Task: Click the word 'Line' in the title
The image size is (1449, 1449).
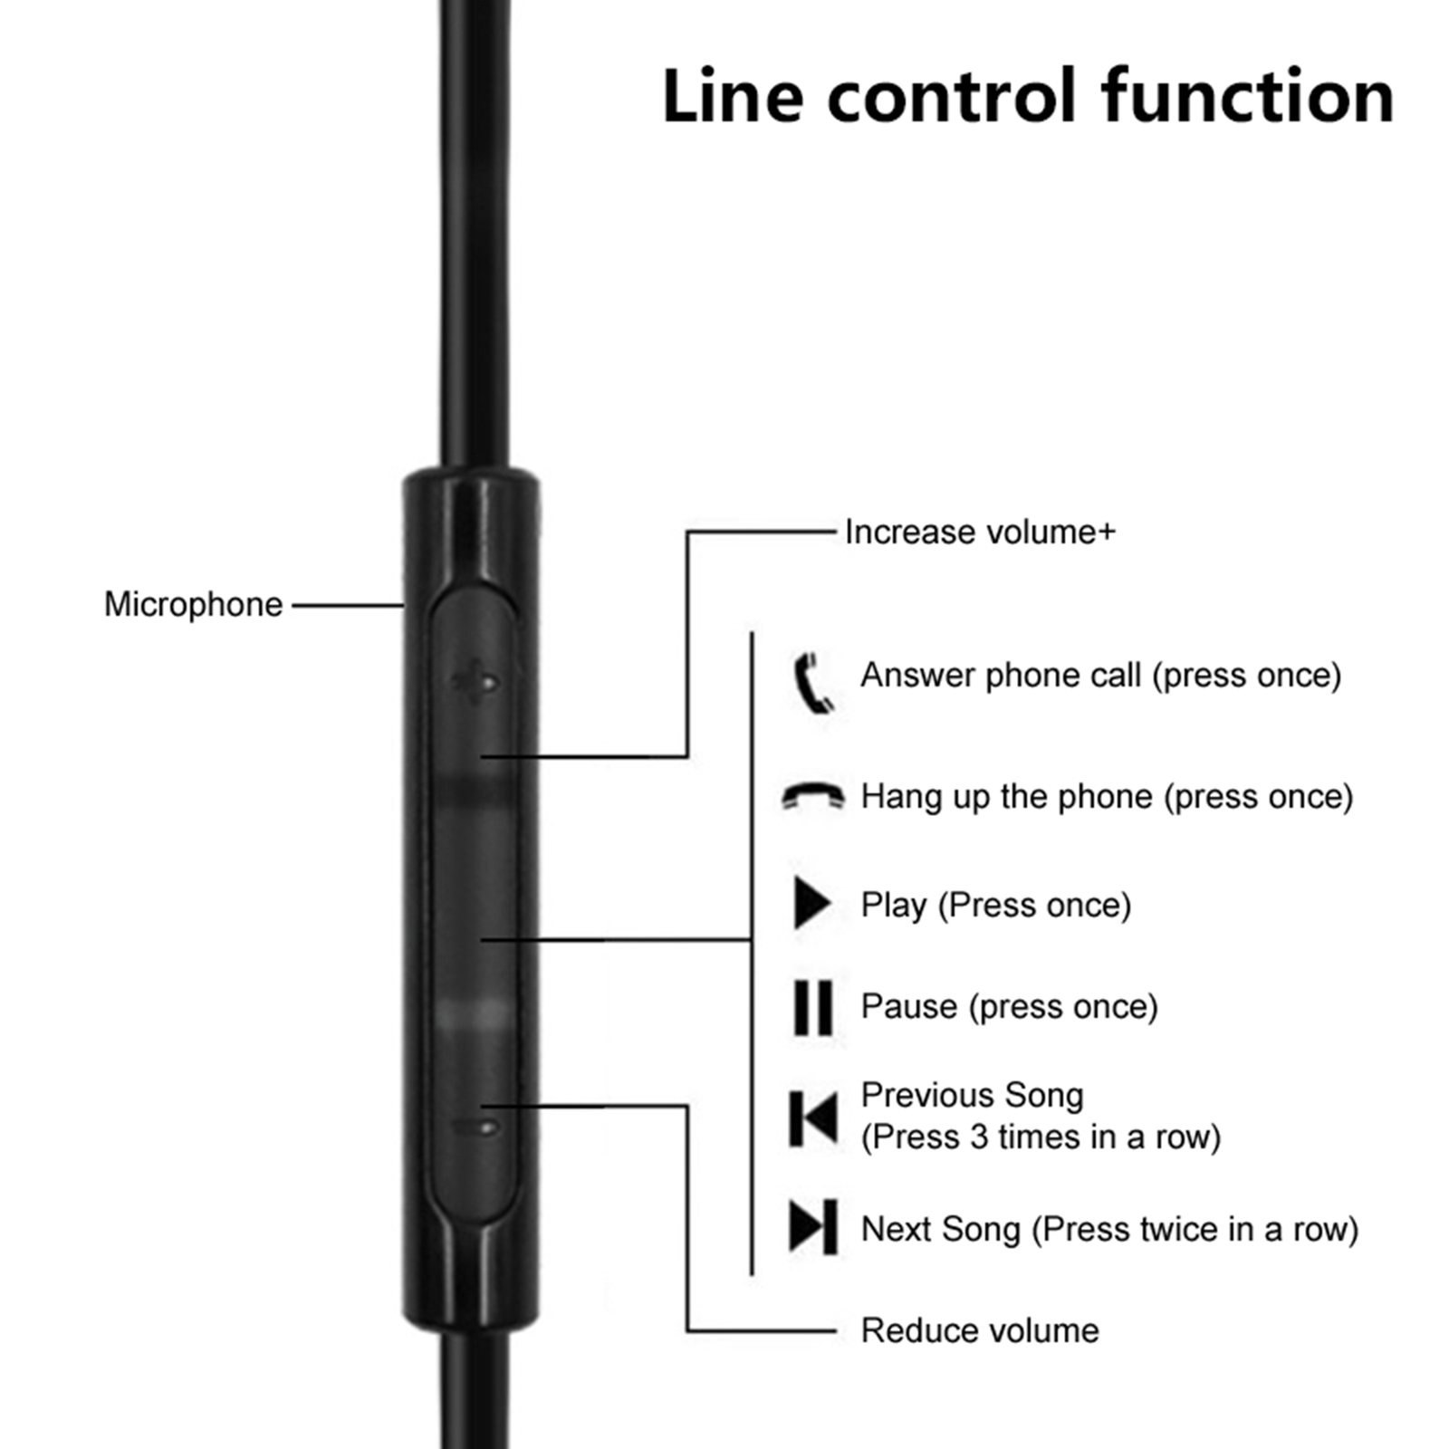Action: (732, 96)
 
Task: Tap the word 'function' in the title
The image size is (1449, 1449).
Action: (1247, 96)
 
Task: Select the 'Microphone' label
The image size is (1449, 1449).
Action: (193, 604)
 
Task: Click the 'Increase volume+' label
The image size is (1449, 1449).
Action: (980, 533)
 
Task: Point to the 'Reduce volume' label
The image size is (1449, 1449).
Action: (980, 1330)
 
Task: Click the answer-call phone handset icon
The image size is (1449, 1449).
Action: (812, 682)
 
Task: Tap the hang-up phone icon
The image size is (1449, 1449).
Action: (812, 796)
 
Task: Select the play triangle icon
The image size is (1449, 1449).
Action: (811, 903)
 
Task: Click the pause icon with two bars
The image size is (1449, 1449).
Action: (812, 1006)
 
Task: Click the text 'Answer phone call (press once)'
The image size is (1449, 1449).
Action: (1100, 676)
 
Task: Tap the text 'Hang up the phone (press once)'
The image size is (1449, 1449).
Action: (1107, 797)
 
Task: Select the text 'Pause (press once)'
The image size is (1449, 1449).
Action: (1009, 1007)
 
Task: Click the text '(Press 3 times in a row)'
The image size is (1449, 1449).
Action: (1041, 1137)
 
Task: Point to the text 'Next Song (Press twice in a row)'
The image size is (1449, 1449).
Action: (1109, 1229)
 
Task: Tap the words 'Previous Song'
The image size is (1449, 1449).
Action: (972, 1095)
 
